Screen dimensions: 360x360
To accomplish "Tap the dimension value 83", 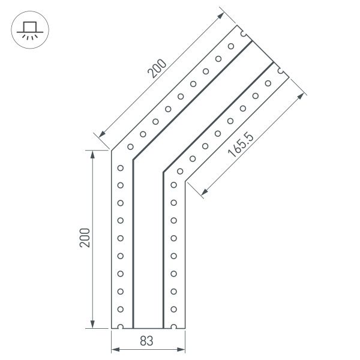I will pos(148,341).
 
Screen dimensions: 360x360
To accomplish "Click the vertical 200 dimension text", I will pos(85,238).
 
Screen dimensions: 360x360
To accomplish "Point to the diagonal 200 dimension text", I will pos(158,71).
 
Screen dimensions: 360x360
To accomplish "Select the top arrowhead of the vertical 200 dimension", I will pos(93,155).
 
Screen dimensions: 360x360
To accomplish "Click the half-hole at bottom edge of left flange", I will pos(121,327).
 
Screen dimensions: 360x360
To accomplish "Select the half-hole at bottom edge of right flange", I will pos(173,327).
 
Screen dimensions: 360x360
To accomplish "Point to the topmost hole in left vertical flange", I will pos(121,167).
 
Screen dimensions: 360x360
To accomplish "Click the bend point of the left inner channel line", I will pos(133,160).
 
